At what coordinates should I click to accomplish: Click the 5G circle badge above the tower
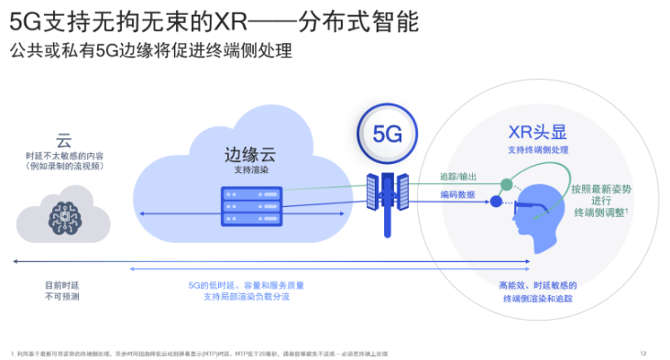(387, 134)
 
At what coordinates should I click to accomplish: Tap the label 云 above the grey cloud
(63, 141)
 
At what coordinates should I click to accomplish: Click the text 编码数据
(457, 194)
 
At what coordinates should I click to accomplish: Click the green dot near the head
(503, 181)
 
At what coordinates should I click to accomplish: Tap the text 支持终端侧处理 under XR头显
(538, 149)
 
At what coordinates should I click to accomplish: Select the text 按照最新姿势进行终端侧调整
(600, 201)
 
